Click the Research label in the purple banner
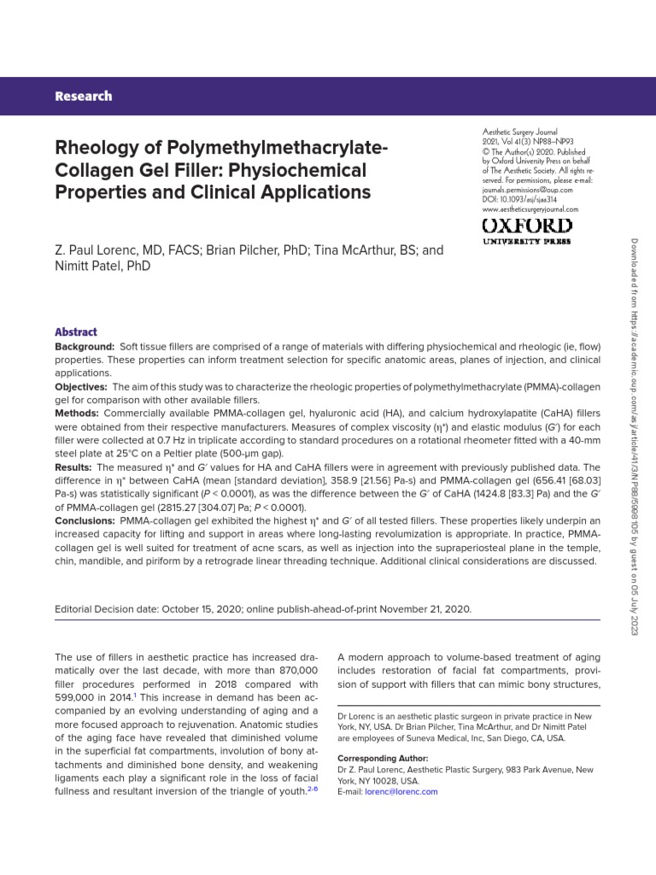(83, 96)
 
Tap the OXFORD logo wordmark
(527, 226)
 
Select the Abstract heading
(76, 332)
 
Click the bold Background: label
(85, 347)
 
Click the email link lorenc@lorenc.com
(401, 791)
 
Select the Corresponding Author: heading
(383, 759)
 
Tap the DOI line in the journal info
(521, 199)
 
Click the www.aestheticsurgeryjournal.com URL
(530, 208)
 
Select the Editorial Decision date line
(262, 609)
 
